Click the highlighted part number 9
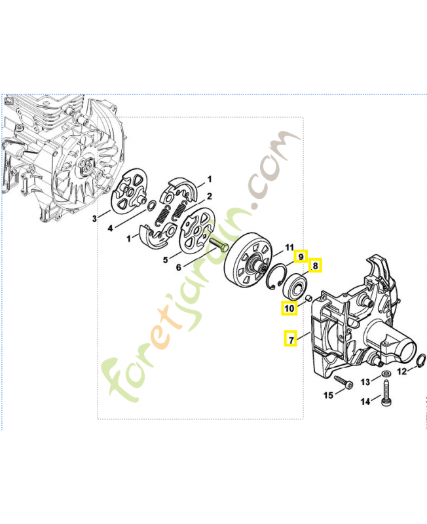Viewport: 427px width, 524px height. pyautogui.click(x=301, y=256)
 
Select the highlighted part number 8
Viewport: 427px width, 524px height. pyautogui.click(x=315, y=265)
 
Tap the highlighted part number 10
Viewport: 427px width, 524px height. pyautogui.click(x=289, y=308)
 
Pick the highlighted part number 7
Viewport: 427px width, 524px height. pyautogui.click(x=291, y=339)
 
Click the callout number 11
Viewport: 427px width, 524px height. pyautogui.click(x=289, y=248)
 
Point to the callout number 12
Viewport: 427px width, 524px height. pyautogui.click(x=402, y=371)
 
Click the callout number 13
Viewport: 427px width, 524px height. pyautogui.click(x=365, y=382)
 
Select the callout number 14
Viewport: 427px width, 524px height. pyautogui.click(x=365, y=401)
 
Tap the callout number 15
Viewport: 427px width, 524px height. pyautogui.click(x=328, y=395)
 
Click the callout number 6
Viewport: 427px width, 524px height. pyautogui.click(x=179, y=267)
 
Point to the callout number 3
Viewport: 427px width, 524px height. pyautogui.click(x=94, y=219)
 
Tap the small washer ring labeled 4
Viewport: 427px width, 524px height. pyautogui.click(x=151, y=206)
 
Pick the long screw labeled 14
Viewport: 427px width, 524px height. pyautogui.click(x=386, y=394)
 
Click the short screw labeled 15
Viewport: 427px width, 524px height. pyautogui.click(x=343, y=383)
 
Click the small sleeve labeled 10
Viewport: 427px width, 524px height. pyautogui.click(x=308, y=297)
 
